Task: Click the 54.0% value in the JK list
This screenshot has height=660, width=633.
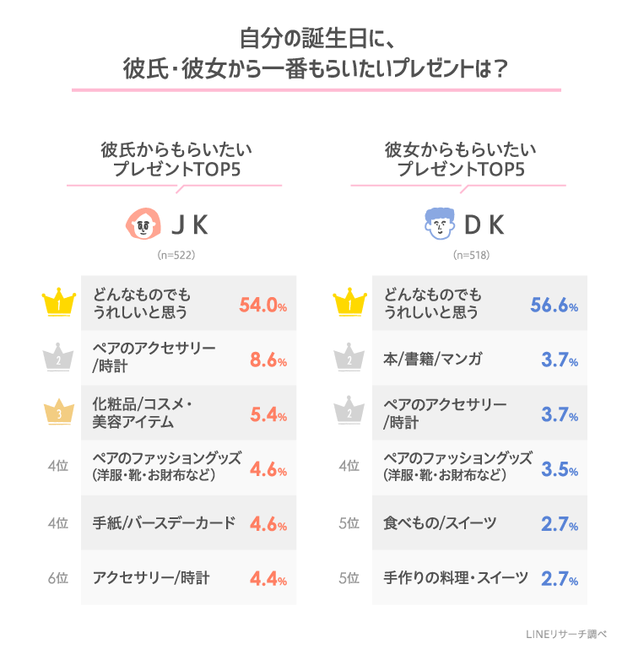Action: (263, 305)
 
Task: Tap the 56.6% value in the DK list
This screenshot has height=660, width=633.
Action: (554, 305)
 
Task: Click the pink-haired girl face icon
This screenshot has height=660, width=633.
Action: (143, 225)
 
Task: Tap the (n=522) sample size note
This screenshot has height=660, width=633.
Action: (176, 254)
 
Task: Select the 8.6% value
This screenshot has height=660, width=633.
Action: (268, 360)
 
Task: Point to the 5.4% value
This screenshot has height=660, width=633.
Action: (268, 415)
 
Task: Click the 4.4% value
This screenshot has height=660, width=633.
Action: (268, 580)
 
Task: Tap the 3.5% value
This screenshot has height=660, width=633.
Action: (558, 470)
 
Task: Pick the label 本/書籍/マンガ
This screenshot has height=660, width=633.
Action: (433, 360)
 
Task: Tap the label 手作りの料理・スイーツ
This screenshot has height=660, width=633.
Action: (456, 579)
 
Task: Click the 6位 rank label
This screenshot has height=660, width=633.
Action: (57, 579)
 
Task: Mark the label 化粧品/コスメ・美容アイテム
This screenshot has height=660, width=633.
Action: (143, 414)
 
